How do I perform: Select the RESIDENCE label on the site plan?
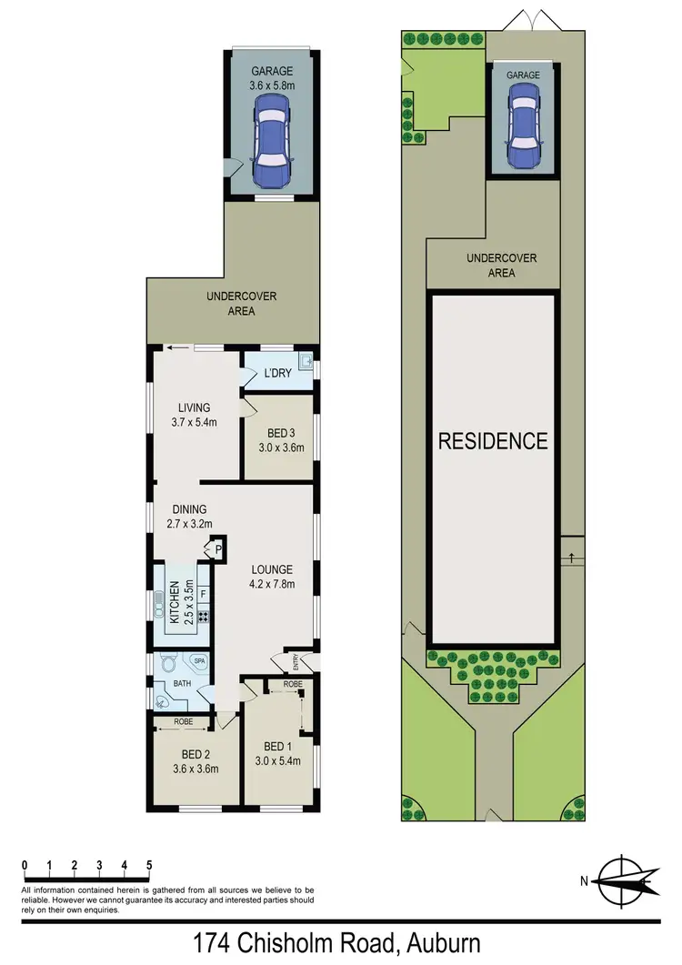click(493, 442)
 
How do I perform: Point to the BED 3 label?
click(281, 433)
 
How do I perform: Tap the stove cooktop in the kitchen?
click(203, 617)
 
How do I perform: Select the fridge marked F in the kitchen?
click(203, 594)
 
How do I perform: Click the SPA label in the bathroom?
click(199, 662)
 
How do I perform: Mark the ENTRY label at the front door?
click(296, 662)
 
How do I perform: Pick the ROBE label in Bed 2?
click(185, 725)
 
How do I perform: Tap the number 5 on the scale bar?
click(148, 865)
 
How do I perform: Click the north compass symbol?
click(623, 880)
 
